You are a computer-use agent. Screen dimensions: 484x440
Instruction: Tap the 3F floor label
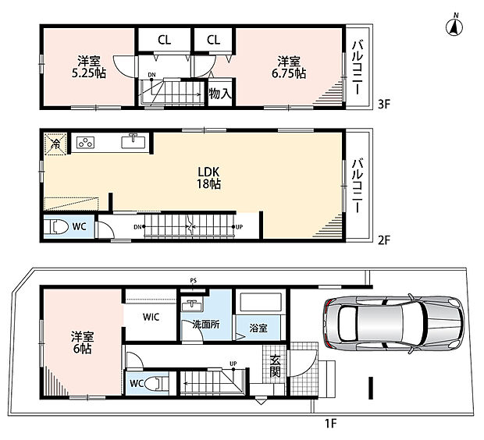click(x=384, y=105)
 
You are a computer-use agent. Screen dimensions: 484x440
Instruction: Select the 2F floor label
click(x=384, y=240)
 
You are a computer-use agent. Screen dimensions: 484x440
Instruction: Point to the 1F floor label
click(x=330, y=423)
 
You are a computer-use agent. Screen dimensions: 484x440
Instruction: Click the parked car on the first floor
click(x=394, y=324)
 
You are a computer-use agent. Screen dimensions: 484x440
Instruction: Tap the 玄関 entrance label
click(x=275, y=366)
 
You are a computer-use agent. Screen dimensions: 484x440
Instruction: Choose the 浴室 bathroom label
click(x=258, y=328)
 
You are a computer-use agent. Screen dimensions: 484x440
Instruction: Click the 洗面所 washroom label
click(x=206, y=325)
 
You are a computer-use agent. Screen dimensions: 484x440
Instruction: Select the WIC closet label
click(x=151, y=317)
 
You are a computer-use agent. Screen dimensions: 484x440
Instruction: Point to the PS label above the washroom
click(x=194, y=281)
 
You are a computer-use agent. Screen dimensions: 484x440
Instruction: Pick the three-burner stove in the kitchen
click(x=86, y=143)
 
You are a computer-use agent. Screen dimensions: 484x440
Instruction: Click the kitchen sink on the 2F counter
click(x=133, y=142)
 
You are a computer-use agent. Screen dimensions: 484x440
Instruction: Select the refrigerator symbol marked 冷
click(x=55, y=144)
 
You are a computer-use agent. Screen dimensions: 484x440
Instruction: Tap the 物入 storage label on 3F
click(x=220, y=93)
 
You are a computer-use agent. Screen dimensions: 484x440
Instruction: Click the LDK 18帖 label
click(x=209, y=178)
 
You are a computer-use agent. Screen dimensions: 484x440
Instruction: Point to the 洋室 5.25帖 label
click(x=89, y=67)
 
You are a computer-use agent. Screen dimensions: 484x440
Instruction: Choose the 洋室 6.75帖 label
click(x=289, y=67)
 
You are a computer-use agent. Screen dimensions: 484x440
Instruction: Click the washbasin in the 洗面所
click(x=192, y=305)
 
